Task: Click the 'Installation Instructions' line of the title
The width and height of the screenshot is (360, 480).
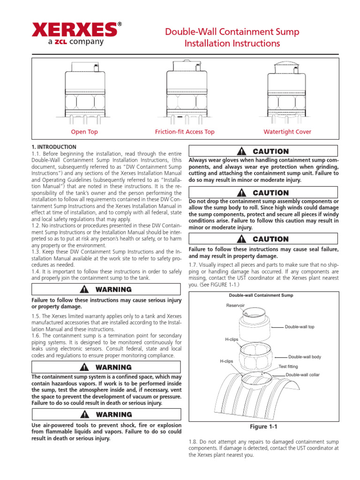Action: click(232, 44)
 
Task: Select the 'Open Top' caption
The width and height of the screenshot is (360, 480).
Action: click(84, 132)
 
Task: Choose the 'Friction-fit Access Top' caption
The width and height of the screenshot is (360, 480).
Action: click(185, 132)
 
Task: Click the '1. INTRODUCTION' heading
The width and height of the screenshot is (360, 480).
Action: click(53, 147)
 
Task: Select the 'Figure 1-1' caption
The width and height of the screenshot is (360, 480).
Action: click(263, 427)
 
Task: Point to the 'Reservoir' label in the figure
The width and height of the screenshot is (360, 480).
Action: click(236, 305)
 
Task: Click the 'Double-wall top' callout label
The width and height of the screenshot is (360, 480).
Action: click(302, 327)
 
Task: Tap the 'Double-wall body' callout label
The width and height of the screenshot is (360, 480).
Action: click(304, 357)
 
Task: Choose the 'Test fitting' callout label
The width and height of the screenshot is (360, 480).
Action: click(289, 366)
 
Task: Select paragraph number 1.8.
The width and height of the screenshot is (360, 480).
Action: click(193, 442)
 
